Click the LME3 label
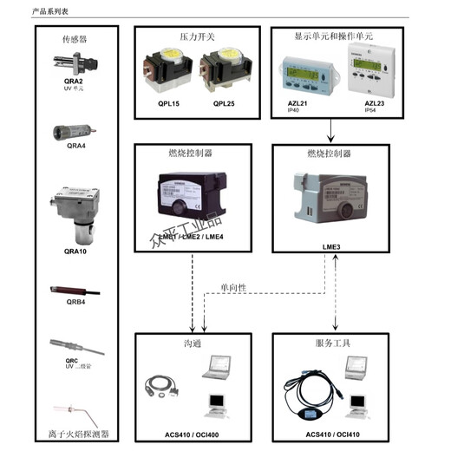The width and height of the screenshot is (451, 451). coord(333,246)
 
